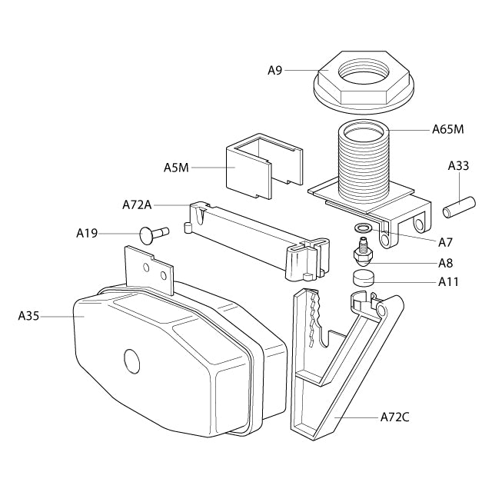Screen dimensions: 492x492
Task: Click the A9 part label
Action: [x=275, y=71]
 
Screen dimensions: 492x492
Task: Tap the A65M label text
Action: [x=447, y=129]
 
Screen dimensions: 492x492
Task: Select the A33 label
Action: [x=458, y=166]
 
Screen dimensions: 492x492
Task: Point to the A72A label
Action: [x=137, y=205]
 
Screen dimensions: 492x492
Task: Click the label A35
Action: [x=28, y=316]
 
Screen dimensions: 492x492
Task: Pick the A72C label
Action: [x=394, y=417]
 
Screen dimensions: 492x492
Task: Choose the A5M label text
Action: [x=176, y=168]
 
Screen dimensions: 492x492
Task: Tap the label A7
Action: [x=446, y=242]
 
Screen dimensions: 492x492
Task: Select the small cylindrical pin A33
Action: [x=459, y=207]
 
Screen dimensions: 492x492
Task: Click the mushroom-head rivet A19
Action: [x=154, y=234]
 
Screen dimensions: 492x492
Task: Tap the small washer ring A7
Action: [x=362, y=228]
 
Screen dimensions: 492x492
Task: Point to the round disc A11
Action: [x=364, y=278]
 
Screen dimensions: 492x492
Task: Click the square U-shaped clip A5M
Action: [x=264, y=166]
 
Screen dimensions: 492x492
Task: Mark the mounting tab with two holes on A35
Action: [x=149, y=271]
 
